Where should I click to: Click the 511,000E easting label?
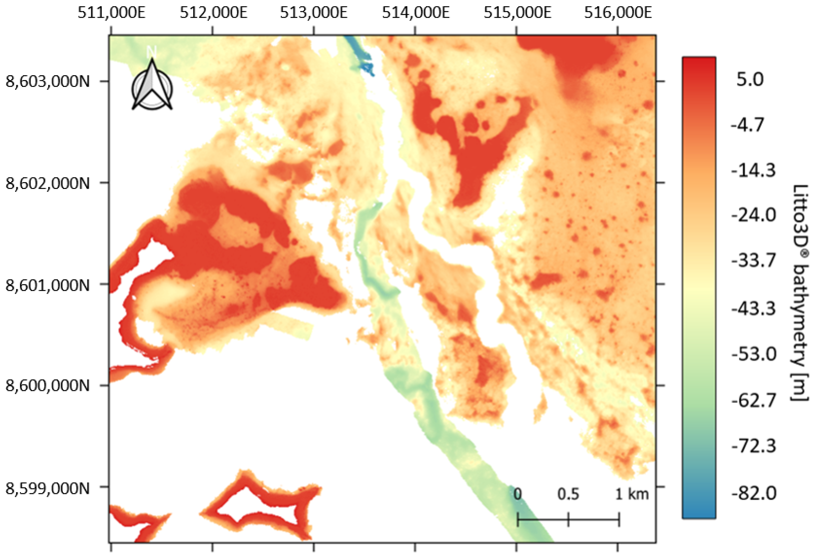(111, 13)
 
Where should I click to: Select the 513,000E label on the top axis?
(313, 13)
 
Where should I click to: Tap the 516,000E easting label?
(618, 13)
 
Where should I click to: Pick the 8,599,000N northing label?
(48, 488)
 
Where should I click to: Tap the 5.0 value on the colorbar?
(750, 80)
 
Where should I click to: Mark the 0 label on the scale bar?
(517, 494)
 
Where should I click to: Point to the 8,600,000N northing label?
(48, 386)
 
